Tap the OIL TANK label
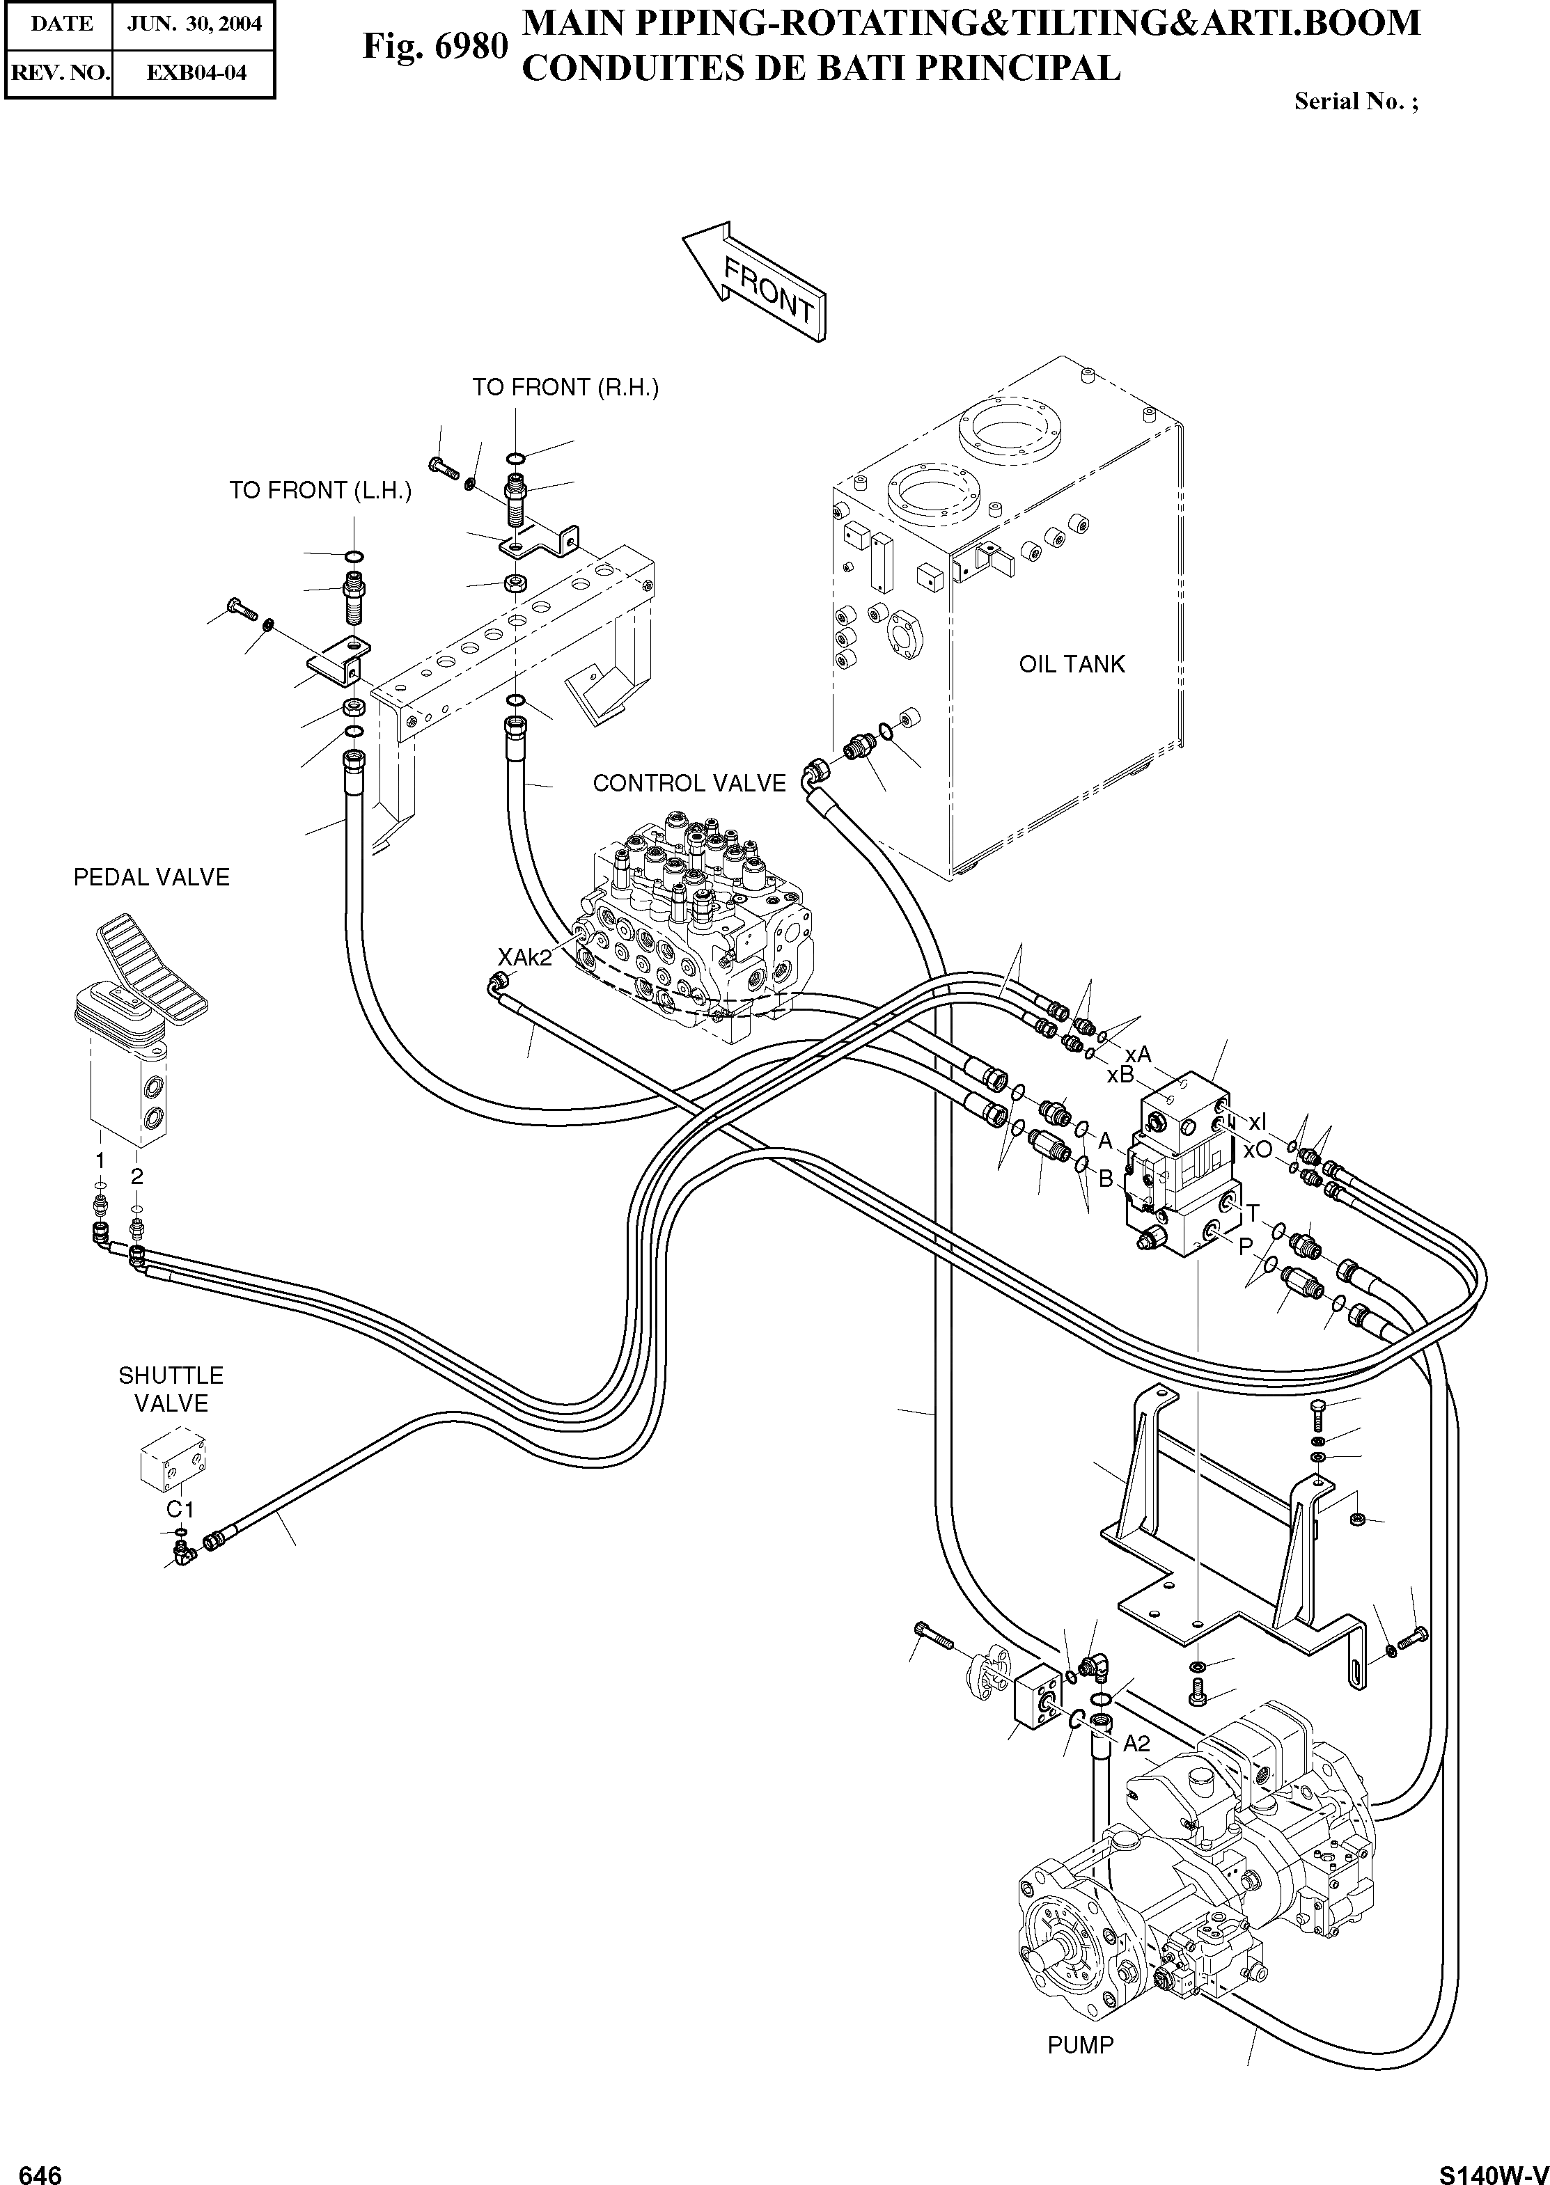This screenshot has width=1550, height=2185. pos(1071,664)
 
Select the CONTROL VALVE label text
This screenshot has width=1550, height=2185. pos(689,783)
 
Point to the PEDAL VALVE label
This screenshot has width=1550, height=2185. pos(152,878)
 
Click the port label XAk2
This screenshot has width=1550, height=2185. pos(525,957)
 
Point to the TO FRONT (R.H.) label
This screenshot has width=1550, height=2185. pos(565,388)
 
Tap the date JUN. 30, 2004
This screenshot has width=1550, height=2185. pos(194,24)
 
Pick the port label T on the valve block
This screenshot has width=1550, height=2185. pos(1252,1213)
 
